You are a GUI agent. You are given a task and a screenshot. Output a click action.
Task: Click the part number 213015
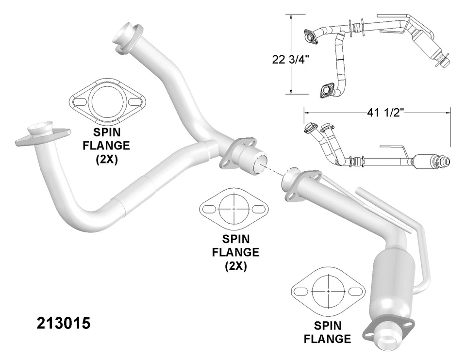tap(64, 324)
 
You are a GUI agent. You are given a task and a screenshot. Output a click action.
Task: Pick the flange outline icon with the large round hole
tap(108, 101)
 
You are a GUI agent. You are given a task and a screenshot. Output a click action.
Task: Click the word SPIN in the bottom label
tap(327, 326)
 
